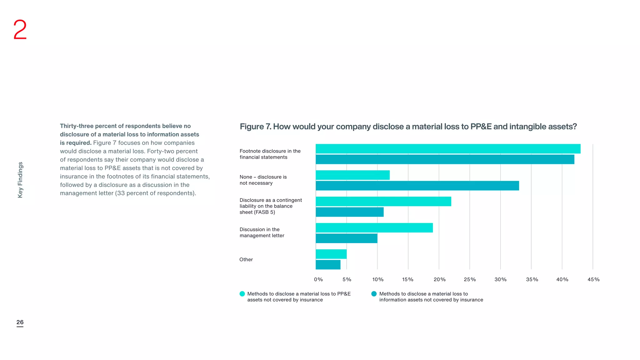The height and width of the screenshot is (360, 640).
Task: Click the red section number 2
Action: (20, 30)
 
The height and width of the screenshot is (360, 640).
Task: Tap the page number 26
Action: (20, 322)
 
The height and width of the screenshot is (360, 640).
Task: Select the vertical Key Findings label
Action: (20, 180)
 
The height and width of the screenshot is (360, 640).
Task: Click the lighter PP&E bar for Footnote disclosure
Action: (448, 149)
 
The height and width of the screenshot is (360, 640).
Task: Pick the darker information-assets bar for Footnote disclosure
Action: (445, 159)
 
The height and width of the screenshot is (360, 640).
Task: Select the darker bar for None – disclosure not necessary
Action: (417, 186)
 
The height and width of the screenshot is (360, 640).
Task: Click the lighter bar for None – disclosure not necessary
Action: (352, 175)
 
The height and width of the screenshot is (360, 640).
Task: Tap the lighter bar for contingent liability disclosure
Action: (383, 201)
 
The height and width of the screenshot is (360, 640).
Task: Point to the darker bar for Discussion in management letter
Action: (346, 238)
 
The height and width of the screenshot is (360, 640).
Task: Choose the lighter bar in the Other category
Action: (331, 254)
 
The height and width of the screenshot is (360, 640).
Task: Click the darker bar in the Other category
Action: (328, 265)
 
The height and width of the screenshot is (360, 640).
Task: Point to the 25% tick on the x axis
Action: (470, 279)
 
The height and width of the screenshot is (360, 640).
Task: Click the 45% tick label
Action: (593, 279)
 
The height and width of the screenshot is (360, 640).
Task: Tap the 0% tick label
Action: (318, 279)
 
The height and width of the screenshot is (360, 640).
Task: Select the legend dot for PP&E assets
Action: (242, 294)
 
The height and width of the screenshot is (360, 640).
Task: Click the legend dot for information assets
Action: (374, 294)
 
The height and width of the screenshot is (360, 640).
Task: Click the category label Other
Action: (246, 259)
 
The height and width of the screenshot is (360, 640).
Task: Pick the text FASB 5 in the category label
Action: (264, 212)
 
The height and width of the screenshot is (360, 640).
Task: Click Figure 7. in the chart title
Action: (255, 127)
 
